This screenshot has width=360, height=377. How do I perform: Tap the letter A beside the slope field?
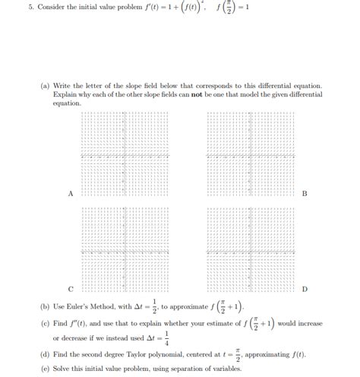pyautogui.click(x=71, y=194)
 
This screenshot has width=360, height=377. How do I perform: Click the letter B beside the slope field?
pyautogui.click(x=305, y=194)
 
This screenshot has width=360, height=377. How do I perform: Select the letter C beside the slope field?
pyautogui.click(x=71, y=290)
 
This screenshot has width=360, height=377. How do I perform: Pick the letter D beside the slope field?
pyautogui.click(x=305, y=290)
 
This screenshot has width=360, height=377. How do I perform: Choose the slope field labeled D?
pyautogui.click(x=246, y=251)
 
